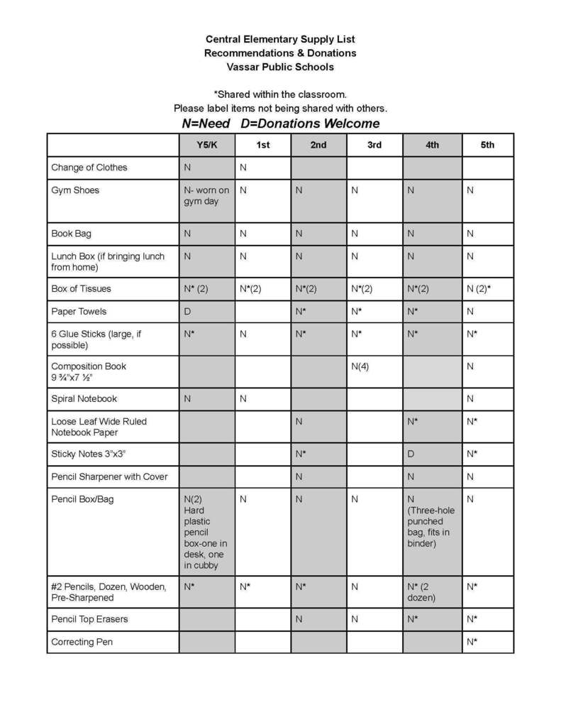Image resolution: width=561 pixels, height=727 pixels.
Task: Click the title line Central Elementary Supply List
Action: click(x=280, y=39)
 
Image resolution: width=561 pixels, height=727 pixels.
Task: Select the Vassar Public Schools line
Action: click(x=280, y=67)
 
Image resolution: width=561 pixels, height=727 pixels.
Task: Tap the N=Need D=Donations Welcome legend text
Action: click(x=280, y=124)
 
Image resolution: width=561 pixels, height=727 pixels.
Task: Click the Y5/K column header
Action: click(x=206, y=145)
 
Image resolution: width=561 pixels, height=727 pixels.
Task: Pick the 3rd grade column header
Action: click(x=374, y=145)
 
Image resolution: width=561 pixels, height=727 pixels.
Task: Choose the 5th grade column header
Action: click(x=487, y=145)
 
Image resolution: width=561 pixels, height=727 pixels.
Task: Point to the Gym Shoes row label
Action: click(x=75, y=190)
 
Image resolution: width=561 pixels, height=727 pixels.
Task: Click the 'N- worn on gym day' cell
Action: click(x=206, y=196)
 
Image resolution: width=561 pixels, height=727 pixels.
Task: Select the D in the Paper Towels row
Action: click(x=187, y=312)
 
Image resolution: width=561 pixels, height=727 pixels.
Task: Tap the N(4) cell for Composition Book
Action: click(x=360, y=366)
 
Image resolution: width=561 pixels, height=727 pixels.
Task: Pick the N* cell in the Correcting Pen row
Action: click(x=472, y=642)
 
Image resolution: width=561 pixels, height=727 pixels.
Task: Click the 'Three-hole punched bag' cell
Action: click(x=431, y=522)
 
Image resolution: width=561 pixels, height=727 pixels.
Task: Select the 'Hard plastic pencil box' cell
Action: click(x=205, y=532)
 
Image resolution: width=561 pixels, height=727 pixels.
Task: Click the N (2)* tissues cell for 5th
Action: click(x=478, y=289)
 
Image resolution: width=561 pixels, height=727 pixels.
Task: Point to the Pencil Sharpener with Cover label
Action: click(x=109, y=476)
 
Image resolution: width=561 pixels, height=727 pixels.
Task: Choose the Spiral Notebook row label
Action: click(x=84, y=399)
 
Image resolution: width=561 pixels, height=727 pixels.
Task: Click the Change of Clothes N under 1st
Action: click(x=243, y=168)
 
